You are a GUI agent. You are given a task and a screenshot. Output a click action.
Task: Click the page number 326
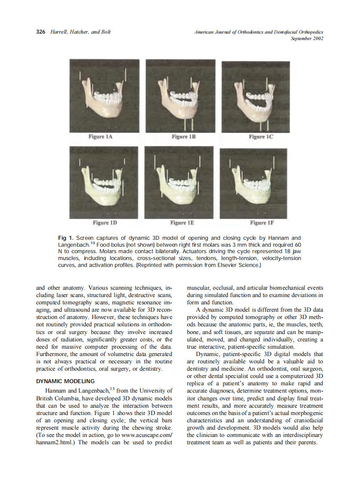click(x=40, y=32)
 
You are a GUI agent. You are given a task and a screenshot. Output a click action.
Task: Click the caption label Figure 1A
click(x=103, y=137)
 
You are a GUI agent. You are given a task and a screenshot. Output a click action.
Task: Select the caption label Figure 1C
click(x=261, y=137)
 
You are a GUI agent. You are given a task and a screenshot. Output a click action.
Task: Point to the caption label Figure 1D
click(x=105, y=223)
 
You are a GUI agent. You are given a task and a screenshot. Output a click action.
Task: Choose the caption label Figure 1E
click(x=182, y=223)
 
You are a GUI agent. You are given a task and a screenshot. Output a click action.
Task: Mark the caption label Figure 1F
click(x=262, y=223)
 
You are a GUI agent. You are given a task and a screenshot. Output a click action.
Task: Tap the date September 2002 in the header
click(x=307, y=38)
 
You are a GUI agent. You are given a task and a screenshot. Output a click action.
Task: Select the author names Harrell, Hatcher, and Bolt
click(x=80, y=32)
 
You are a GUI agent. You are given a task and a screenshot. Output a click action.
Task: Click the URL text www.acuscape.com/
click(x=145, y=435)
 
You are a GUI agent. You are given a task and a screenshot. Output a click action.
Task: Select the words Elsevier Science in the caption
click(x=242, y=265)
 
